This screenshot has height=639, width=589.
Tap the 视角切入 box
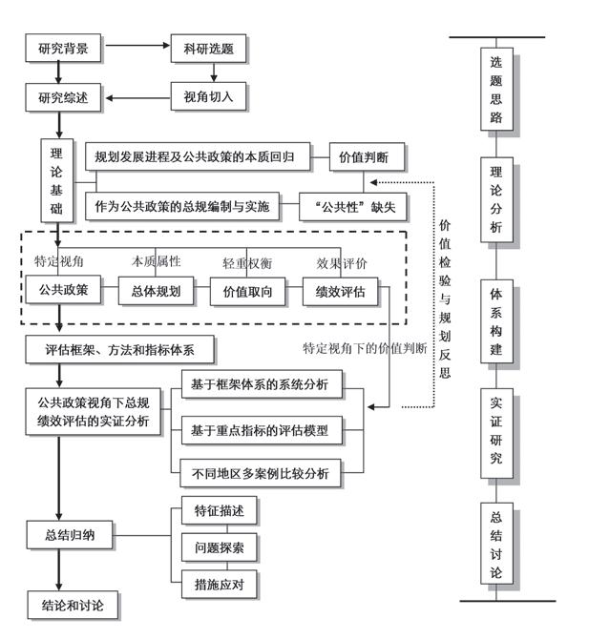[208, 96]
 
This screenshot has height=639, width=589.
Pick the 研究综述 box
[63, 96]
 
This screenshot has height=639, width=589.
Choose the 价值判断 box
[366, 155]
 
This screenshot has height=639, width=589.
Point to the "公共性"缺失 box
[343, 205]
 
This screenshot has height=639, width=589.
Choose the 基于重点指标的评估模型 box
[260, 430]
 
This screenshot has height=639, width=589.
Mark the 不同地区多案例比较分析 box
[260, 472]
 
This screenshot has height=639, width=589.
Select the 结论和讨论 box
[73, 606]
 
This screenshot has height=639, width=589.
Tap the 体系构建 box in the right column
[496, 322]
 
